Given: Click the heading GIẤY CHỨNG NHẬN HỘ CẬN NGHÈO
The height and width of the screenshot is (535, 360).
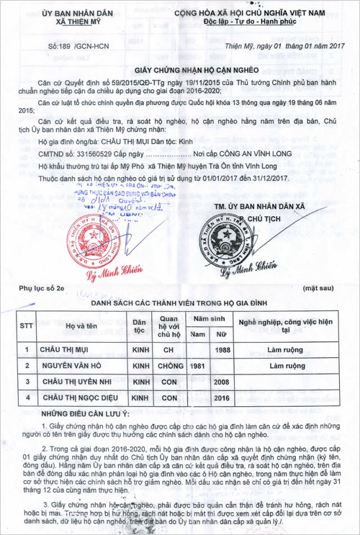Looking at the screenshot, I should click(x=196, y=73).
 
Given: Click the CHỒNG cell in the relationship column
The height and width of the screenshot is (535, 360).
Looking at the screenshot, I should click(x=170, y=366).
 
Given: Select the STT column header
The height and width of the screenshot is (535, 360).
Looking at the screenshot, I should click(x=27, y=325).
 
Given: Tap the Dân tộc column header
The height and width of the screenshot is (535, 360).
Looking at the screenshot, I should click(x=140, y=325).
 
